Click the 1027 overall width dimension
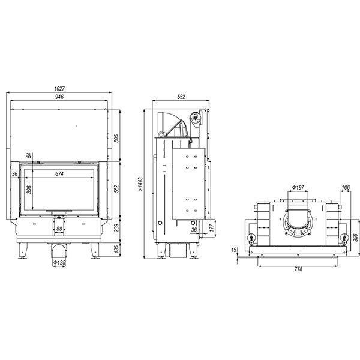(x=59, y=88)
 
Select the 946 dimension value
(x=59, y=97)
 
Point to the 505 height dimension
(x=116, y=139)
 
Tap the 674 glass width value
(x=59, y=174)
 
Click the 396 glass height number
(x=29, y=190)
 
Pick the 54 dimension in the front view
(x=29, y=155)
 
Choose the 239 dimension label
(x=116, y=228)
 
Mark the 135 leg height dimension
(x=117, y=249)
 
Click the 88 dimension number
(x=59, y=229)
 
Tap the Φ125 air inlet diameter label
(x=59, y=262)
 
